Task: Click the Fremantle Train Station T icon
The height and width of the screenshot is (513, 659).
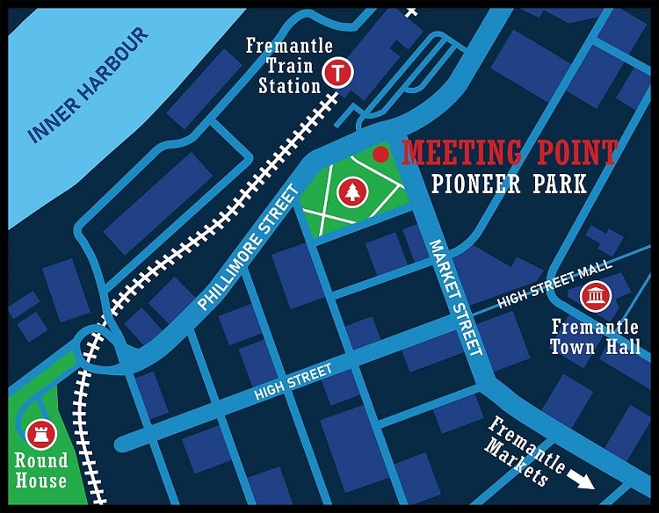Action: coord(337,72)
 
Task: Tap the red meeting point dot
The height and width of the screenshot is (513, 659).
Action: coord(380,155)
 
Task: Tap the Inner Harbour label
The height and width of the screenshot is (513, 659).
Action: coord(89,86)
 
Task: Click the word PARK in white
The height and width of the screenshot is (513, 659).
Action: coord(558,184)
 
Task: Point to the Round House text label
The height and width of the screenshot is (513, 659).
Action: coord(40,470)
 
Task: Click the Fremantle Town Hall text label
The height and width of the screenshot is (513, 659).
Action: coord(596,336)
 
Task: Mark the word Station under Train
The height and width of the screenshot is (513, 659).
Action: coord(289,86)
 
